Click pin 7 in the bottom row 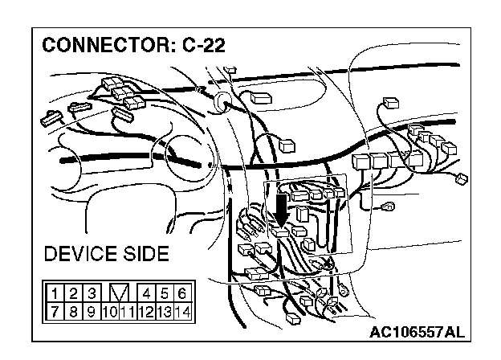pos(54,310)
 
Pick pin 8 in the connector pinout pos(73,310)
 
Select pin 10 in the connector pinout pos(110,310)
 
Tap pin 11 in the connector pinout pos(128,310)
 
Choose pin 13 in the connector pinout pos(164,310)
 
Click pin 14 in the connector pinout pos(182,310)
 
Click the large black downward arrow pos(280,209)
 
